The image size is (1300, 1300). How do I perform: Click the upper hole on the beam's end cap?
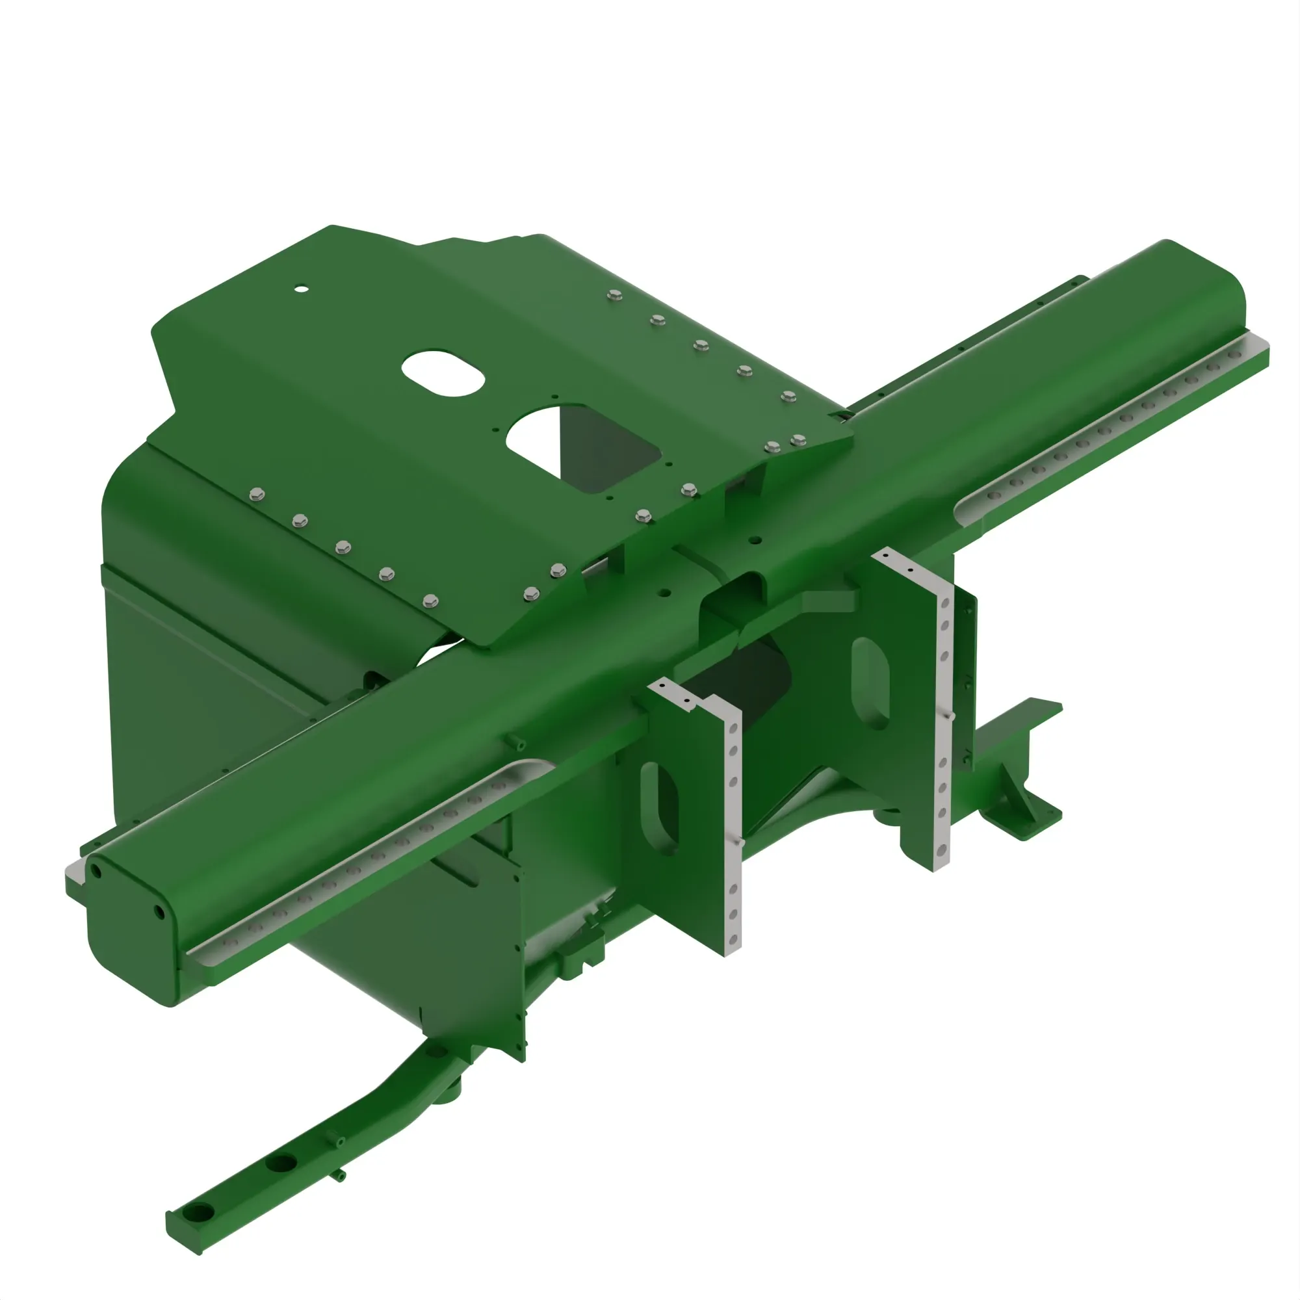[x=96, y=872]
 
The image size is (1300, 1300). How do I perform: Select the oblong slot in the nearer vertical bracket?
[x=659, y=808]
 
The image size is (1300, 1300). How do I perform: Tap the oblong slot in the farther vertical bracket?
[x=871, y=684]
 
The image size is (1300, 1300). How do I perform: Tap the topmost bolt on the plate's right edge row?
[x=613, y=294]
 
